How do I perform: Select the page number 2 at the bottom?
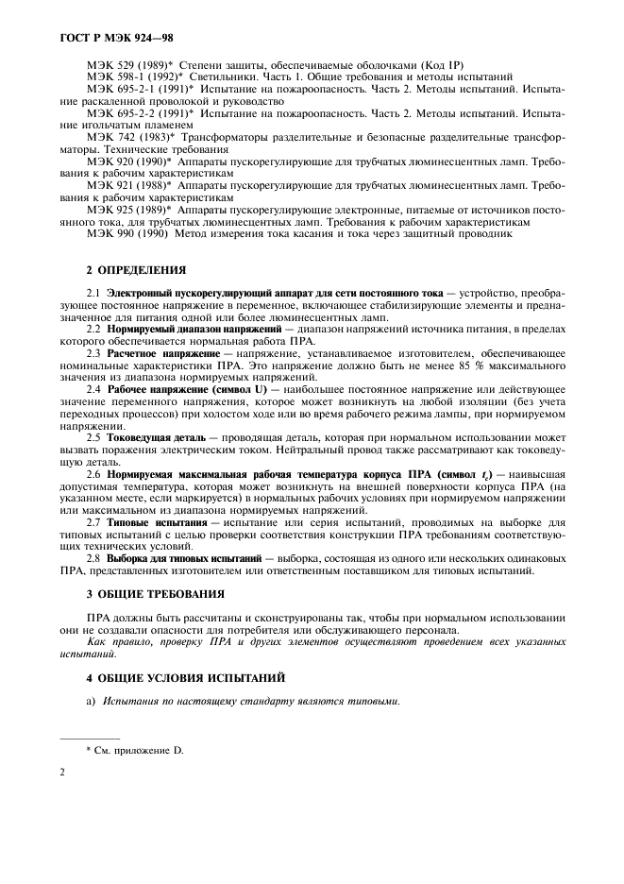(62, 772)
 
